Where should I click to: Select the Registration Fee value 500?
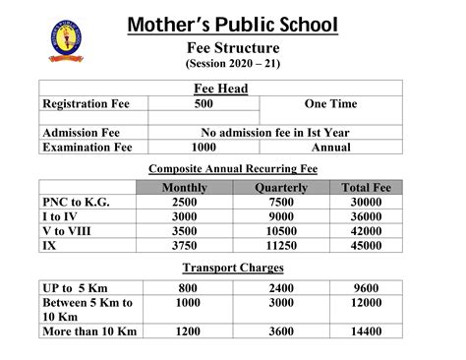204,104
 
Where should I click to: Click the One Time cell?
330,104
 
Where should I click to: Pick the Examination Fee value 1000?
204,148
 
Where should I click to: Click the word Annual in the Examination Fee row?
330,148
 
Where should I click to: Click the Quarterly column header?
281,187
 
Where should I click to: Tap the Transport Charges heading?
233,268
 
